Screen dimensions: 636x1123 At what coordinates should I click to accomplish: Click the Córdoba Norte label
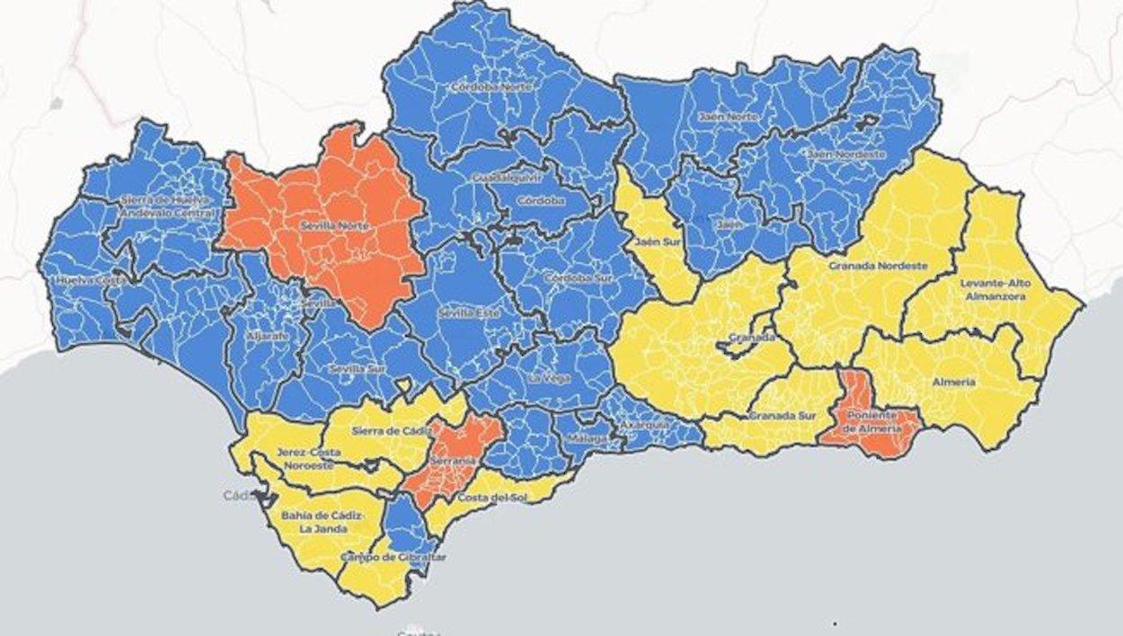pos(491,87)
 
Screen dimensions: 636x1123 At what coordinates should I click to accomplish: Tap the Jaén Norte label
pos(728,117)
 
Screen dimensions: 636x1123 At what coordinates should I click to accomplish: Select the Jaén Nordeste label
pos(846,155)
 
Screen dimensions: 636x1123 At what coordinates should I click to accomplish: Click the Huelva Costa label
pos(89,280)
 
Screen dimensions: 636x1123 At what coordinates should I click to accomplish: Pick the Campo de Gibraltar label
pos(393,557)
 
